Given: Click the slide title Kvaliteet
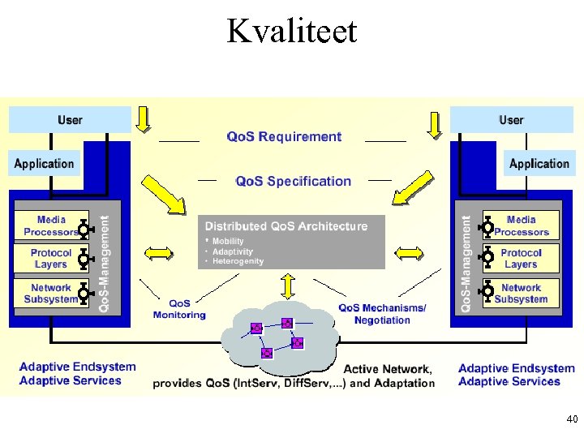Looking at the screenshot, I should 291,31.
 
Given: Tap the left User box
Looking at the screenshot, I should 70,120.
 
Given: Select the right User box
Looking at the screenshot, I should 511,120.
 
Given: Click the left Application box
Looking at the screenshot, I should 45,164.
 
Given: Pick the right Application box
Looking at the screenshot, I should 539,164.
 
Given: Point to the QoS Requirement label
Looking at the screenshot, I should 284,137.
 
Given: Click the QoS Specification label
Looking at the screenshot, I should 293,181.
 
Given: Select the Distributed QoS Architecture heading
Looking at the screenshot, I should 286,226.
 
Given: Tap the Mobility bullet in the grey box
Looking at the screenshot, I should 228,242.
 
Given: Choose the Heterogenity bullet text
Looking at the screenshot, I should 238,261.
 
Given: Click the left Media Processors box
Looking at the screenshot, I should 50,225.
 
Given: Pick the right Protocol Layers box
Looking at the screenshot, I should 521,259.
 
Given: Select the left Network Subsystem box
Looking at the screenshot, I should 50,293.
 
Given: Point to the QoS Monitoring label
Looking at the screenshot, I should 179,310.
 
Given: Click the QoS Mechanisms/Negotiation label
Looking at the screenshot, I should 382,314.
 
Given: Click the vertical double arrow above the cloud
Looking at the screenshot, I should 287,286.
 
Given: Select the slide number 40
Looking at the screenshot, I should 572,419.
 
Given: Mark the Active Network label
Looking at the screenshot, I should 387,370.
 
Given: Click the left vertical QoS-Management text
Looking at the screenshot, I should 104,262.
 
